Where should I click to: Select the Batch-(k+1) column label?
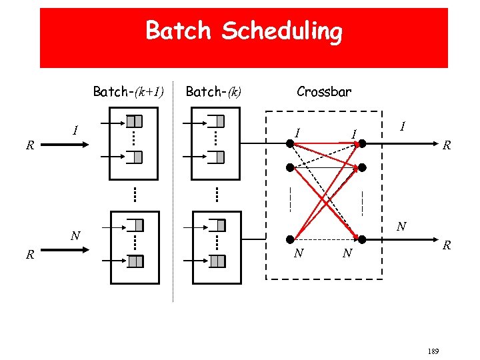[128, 91]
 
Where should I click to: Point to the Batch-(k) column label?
[213, 91]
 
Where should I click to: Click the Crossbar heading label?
[324, 91]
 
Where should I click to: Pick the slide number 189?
[433, 351]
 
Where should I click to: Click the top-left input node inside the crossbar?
[289, 143]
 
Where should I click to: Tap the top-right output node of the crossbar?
[364, 143]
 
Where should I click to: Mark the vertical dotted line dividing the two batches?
[173, 200]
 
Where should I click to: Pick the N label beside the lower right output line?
[401, 227]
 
